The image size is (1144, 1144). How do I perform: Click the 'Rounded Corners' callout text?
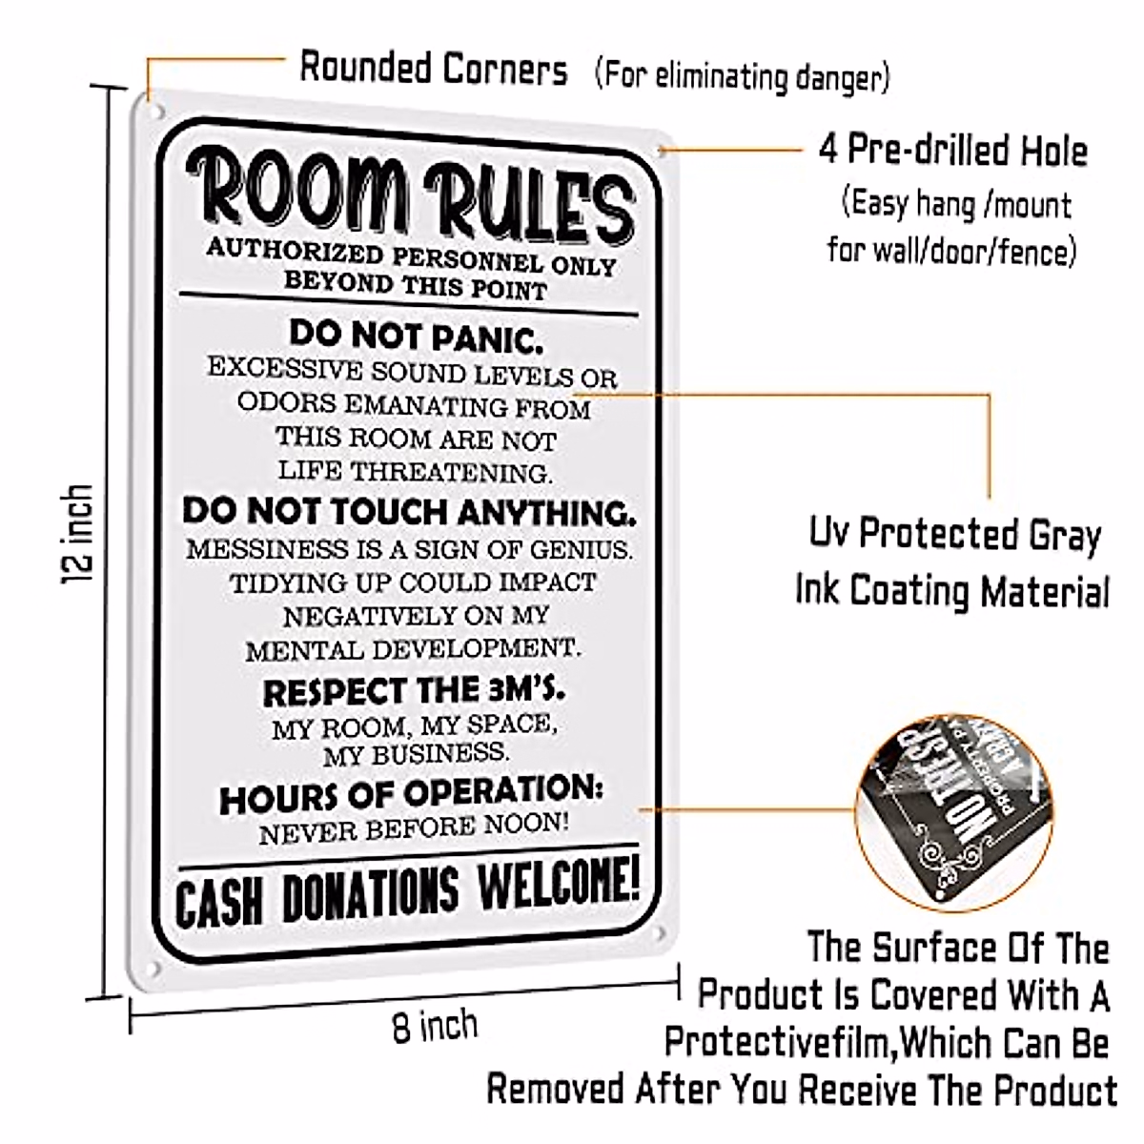(434, 69)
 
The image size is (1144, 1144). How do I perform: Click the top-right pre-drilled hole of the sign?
(660, 150)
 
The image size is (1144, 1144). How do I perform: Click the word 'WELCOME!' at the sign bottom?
(558, 886)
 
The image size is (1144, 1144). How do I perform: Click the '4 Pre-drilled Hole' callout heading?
(952, 150)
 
